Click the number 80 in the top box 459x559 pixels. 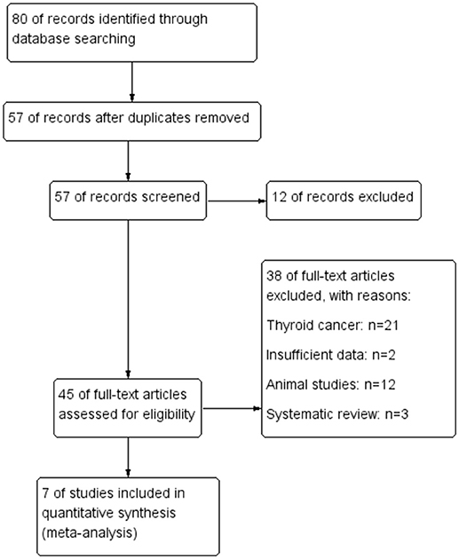point(20,19)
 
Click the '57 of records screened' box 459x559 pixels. point(128,201)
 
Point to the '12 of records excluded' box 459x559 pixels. point(344,201)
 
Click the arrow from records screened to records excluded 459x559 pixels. point(237,201)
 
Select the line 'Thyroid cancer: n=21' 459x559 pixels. point(332,325)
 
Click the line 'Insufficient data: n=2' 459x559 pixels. point(331,355)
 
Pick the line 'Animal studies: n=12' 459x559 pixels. point(331,385)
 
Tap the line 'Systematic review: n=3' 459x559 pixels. point(337,414)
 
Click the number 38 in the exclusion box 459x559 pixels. point(274,276)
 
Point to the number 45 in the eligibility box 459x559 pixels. point(66,395)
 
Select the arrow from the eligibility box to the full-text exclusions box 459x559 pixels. point(233,408)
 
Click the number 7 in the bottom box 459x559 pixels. point(45,493)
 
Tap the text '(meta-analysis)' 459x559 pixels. point(90,533)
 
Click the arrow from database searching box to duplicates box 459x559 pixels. point(132,82)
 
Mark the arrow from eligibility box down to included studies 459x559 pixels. point(128,457)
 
